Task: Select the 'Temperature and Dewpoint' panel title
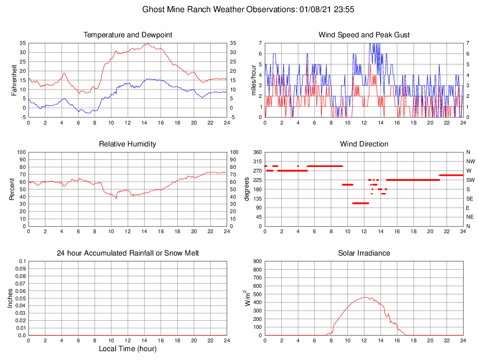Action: [128, 35]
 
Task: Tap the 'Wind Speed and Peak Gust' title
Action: [364, 35]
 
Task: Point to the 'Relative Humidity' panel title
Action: [128, 144]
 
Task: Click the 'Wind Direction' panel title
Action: [364, 144]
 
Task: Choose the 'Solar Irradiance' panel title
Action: [364, 253]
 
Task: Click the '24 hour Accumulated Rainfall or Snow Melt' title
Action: [128, 253]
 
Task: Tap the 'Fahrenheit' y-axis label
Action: [14, 80]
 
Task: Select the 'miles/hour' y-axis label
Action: [254, 80]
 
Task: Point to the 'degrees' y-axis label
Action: [247, 189]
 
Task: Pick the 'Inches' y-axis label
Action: [10, 298]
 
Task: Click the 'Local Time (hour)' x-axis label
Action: [128, 349]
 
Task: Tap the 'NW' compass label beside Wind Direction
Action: [469, 161]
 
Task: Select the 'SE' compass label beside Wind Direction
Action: [469, 199]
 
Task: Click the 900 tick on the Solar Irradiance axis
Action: [257, 261]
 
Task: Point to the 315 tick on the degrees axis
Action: [257, 161]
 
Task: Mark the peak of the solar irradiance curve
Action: [365, 297]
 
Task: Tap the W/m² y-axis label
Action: [248, 298]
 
